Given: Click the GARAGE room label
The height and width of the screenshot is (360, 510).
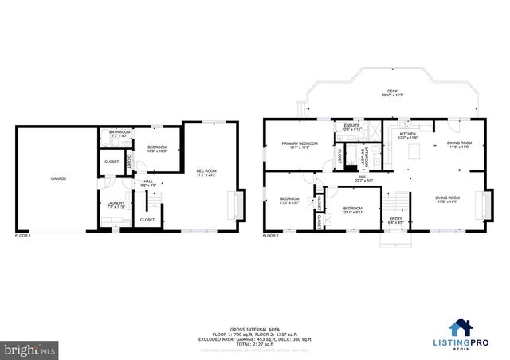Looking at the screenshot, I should [58, 178].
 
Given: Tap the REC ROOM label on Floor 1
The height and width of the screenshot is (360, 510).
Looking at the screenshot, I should [206, 173].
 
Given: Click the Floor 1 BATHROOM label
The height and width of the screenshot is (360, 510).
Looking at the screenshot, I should [120, 134].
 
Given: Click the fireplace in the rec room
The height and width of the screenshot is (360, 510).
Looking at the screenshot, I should [235, 205].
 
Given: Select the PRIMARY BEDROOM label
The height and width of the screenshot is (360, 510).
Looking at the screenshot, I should [299, 145].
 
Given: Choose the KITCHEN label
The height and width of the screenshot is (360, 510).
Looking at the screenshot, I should [407, 136].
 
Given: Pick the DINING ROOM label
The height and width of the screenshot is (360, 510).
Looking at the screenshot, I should [460, 145].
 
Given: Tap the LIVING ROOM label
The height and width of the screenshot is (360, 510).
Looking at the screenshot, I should [447, 199].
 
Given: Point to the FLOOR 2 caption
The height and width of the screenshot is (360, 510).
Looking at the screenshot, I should [271, 236].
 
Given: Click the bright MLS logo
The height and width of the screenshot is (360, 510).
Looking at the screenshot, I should [29, 349].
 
